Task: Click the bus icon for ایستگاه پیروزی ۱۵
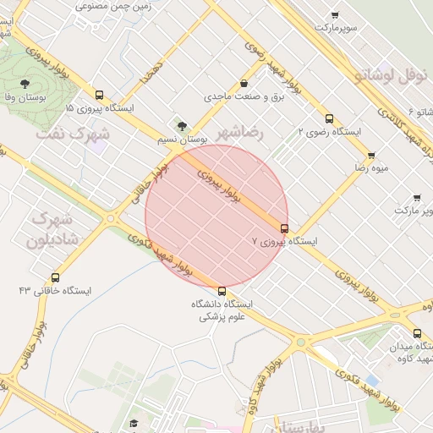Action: click(100, 96)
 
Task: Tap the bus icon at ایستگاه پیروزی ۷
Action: click(283, 227)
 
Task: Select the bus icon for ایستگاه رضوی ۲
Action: click(329, 118)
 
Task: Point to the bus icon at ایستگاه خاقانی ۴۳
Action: click(56, 277)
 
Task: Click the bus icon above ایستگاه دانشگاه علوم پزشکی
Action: click(222, 291)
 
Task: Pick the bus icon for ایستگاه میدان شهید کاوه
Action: click(417, 333)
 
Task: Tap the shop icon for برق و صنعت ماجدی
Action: click(244, 84)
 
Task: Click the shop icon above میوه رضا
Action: click(371, 156)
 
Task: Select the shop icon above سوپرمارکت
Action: click(335, 15)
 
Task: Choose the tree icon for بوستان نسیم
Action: click(180, 125)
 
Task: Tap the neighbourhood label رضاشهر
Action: click(239, 133)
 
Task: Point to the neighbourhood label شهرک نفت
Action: click(74, 134)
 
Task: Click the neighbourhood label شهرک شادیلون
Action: click(52, 229)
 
